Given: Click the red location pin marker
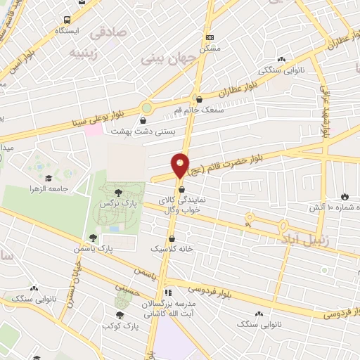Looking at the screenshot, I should pyautogui.click(x=181, y=165).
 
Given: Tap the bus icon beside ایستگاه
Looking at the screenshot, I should pyautogui.click(x=67, y=20).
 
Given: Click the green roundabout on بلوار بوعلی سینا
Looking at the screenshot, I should pyautogui.click(x=146, y=108).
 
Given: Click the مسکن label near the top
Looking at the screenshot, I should pyautogui.click(x=210, y=49).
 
